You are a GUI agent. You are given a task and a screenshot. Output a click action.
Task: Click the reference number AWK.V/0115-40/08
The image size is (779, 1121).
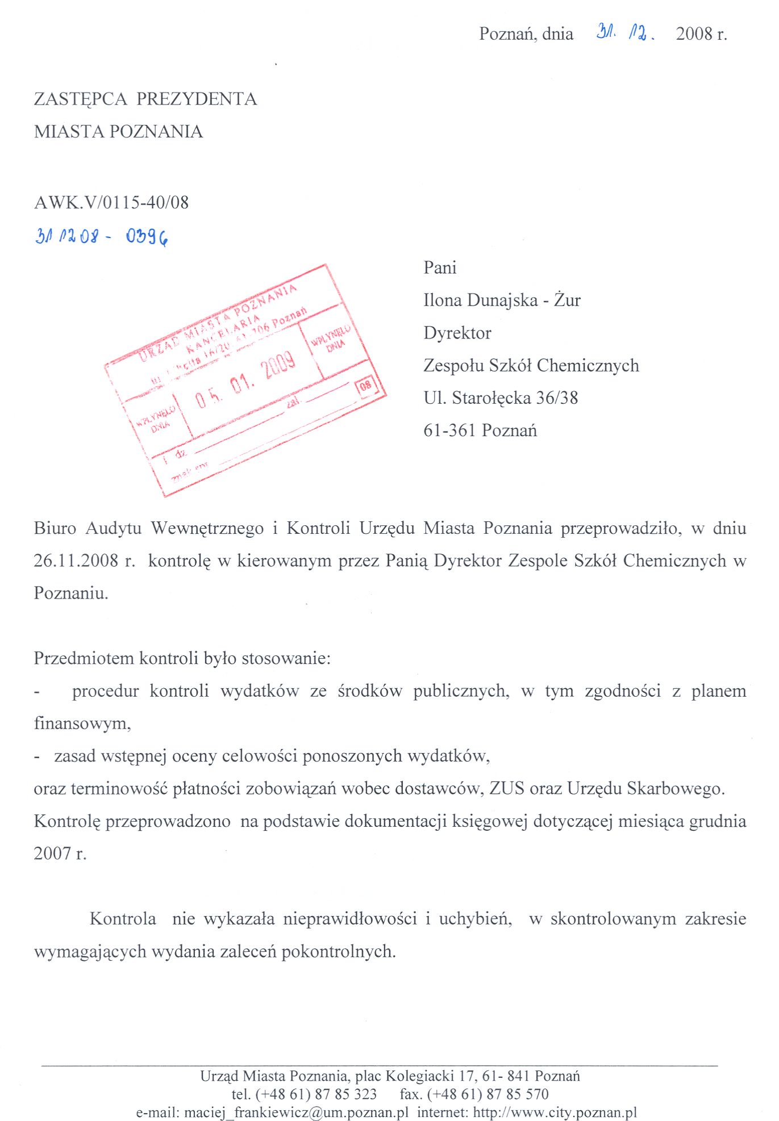pos(111,203)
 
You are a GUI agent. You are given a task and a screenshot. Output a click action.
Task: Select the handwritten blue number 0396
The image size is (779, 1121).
pos(147,236)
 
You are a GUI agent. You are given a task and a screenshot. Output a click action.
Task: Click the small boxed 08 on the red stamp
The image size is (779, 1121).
pos(365,386)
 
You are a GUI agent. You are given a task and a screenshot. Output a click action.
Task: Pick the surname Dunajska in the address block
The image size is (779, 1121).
pos(502,300)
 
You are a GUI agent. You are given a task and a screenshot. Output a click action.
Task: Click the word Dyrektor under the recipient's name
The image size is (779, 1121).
pos(457,333)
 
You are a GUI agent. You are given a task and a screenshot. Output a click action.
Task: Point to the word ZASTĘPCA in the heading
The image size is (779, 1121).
pos(81,99)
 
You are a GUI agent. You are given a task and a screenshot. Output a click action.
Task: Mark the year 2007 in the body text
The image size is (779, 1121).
pos(52,854)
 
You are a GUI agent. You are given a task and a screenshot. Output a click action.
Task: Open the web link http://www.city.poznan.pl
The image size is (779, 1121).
pos(555,1112)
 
